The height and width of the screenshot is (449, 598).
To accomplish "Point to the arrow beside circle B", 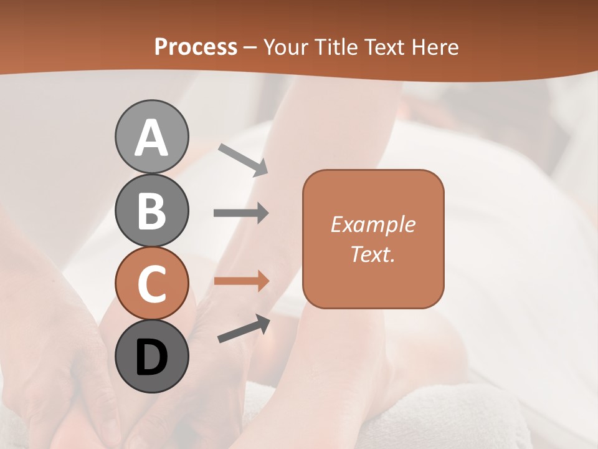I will point(241,213).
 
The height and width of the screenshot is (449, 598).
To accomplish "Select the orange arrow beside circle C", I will point(241,281).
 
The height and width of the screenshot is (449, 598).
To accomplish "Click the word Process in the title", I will point(196,47).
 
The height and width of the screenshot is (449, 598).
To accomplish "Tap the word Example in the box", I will point(373,224).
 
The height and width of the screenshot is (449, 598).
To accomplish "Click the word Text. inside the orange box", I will point(373,254).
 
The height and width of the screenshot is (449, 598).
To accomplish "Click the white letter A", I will point(151,138).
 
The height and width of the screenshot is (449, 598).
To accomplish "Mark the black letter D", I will point(151,358).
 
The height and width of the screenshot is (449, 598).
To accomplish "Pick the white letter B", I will point(151,211).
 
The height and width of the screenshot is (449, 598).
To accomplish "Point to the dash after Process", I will point(250,47).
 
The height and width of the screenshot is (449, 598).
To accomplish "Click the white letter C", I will point(151,284).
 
